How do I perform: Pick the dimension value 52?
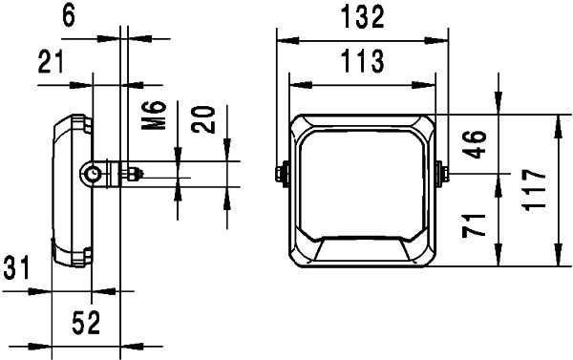click(86, 323)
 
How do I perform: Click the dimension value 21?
click(52, 63)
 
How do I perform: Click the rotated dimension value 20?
click(203, 121)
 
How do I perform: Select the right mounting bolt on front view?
click(442, 174)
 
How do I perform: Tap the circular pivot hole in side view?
click(94, 174)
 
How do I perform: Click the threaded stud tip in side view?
click(138, 174)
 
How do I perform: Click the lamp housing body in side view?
click(69, 191)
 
